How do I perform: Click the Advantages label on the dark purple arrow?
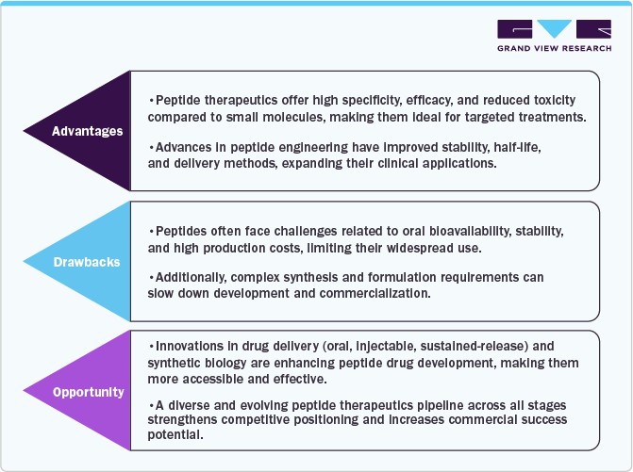pyautogui.click(x=87, y=131)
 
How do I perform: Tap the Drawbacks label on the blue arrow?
pyautogui.click(x=87, y=261)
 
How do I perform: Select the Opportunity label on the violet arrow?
pyautogui.click(x=87, y=391)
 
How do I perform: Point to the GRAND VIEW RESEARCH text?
pyautogui.click(x=554, y=47)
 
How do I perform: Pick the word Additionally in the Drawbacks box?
pyautogui.click(x=194, y=278)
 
